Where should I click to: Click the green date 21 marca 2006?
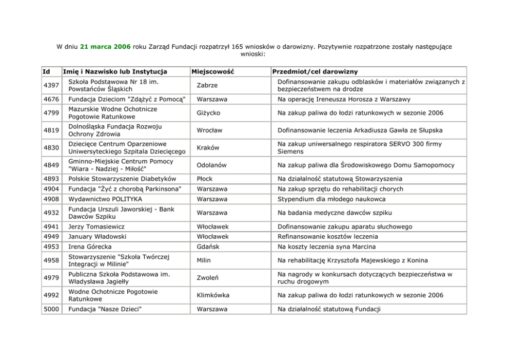105,46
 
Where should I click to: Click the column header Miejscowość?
212,71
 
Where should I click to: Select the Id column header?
46,71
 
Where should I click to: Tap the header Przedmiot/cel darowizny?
315,71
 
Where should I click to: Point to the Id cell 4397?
51,85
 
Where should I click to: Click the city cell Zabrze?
207,85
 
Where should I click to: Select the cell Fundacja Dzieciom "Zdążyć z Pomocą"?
127,99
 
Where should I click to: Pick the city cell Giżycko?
208,113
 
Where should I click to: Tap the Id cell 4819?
51,130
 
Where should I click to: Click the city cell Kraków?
208,148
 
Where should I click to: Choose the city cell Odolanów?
211,165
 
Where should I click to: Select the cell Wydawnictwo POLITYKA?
105,199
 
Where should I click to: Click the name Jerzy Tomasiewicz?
96,226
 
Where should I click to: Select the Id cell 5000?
51,309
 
